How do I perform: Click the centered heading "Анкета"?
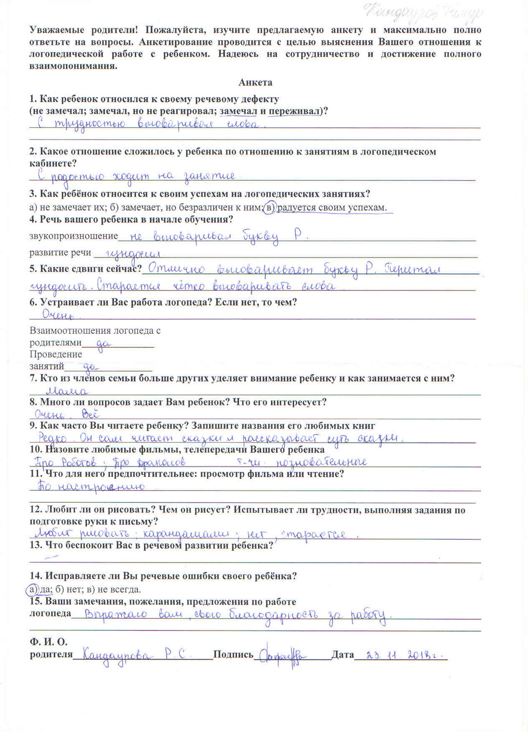255,82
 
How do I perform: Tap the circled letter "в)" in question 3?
269,208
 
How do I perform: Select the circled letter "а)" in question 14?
32,589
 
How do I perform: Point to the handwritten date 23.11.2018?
400,655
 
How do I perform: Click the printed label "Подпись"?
233,655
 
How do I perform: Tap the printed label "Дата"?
343,655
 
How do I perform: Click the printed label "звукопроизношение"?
74,236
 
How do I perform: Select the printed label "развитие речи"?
61,252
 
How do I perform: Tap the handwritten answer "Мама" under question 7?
67,391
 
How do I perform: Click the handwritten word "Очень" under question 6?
57,316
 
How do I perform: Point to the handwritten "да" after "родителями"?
103,344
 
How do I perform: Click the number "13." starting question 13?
36,545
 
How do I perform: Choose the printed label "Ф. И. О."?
48,642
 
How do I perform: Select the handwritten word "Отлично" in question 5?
176,268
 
